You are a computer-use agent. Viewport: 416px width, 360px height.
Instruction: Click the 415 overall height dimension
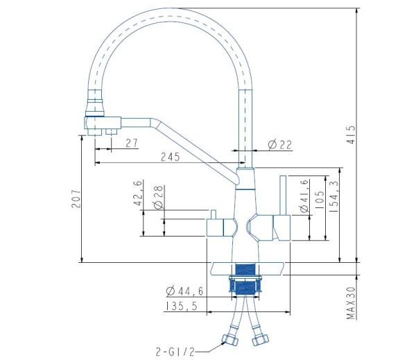pos(351,135)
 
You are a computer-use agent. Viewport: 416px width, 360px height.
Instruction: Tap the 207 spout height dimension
pos(76,198)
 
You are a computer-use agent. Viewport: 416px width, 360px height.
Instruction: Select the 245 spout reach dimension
pos(171,157)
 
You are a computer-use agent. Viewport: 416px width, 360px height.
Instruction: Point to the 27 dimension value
pos(132,143)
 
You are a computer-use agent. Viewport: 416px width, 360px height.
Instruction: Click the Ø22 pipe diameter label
pos(279,145)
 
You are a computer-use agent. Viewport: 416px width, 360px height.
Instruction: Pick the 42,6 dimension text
pos(138,193)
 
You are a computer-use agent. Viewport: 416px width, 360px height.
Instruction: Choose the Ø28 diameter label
pos(158,197)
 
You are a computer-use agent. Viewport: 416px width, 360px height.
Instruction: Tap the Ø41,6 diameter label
pos(304,196)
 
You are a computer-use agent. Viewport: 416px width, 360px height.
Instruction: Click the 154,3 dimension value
pos(334,196)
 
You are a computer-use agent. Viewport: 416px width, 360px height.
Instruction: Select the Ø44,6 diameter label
pos(184,291)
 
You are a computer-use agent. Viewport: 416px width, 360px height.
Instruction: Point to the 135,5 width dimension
pos(182,306)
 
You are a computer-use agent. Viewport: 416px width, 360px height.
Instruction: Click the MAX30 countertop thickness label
pos(351,303)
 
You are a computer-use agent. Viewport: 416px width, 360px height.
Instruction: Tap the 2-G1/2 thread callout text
pos(175,352)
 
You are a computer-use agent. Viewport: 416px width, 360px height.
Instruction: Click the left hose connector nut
pos(229,340)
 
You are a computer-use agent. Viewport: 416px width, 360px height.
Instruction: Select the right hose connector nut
pos(260,340)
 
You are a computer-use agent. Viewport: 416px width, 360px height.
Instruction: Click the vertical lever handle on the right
pos(283,195)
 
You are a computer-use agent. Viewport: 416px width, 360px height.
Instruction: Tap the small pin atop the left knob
pos(213,214)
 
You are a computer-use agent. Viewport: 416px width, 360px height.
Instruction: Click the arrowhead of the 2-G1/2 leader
pos(223,343)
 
